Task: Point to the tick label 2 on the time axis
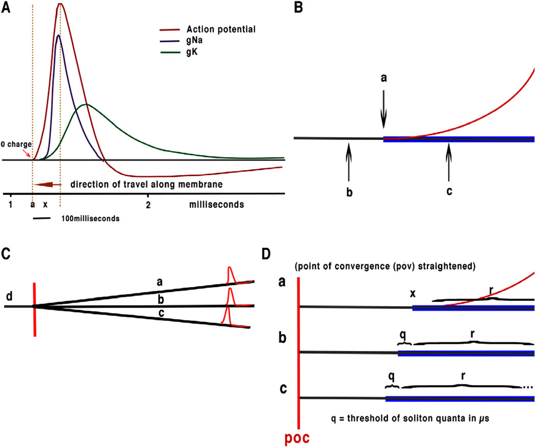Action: (x=148, y=204)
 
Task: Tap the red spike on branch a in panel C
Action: (x=230, y=276)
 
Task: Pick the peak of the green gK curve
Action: (x=86, y=105)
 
